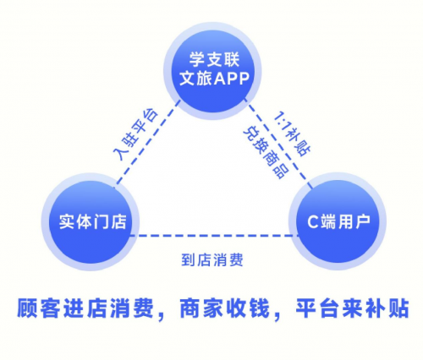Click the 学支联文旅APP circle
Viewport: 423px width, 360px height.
pos(212,71)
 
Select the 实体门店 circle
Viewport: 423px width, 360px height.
pos(91,221)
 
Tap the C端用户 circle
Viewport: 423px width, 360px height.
pos(338,221)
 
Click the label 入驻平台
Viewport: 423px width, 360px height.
pos(135,134)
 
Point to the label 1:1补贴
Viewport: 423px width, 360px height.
pos(293,134)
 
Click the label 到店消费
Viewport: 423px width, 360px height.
pos(212,259)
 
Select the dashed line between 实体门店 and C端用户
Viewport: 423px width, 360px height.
pos(214,236)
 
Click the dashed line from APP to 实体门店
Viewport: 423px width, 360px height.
pos(147,142)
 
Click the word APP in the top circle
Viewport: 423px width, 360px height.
pos(232,79)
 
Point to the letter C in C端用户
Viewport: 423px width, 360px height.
pos(313,221)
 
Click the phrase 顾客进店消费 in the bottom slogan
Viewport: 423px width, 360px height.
pos(85,308)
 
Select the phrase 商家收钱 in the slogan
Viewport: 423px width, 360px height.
pos(225,308)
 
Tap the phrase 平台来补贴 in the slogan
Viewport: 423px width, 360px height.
pos(352,308)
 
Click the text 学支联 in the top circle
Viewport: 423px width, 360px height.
pos(214,59)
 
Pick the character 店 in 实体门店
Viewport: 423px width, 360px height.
pos(118,221)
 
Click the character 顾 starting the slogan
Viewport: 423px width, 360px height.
pos(27,308)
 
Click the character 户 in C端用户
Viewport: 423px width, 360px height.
pos(362,221)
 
